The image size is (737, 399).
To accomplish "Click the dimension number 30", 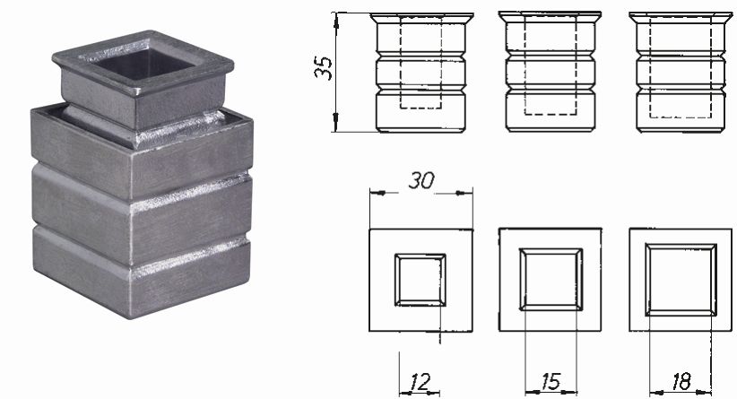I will [x=421, y=180].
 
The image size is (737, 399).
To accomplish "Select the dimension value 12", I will [x=419, y=383].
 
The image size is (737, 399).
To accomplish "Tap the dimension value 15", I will [x=550, y=383].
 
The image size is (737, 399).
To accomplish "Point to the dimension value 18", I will [x=681, y=383].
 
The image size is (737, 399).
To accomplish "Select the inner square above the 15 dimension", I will [x=550, y=279].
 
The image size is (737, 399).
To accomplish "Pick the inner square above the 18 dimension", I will [x=681, y=279].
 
